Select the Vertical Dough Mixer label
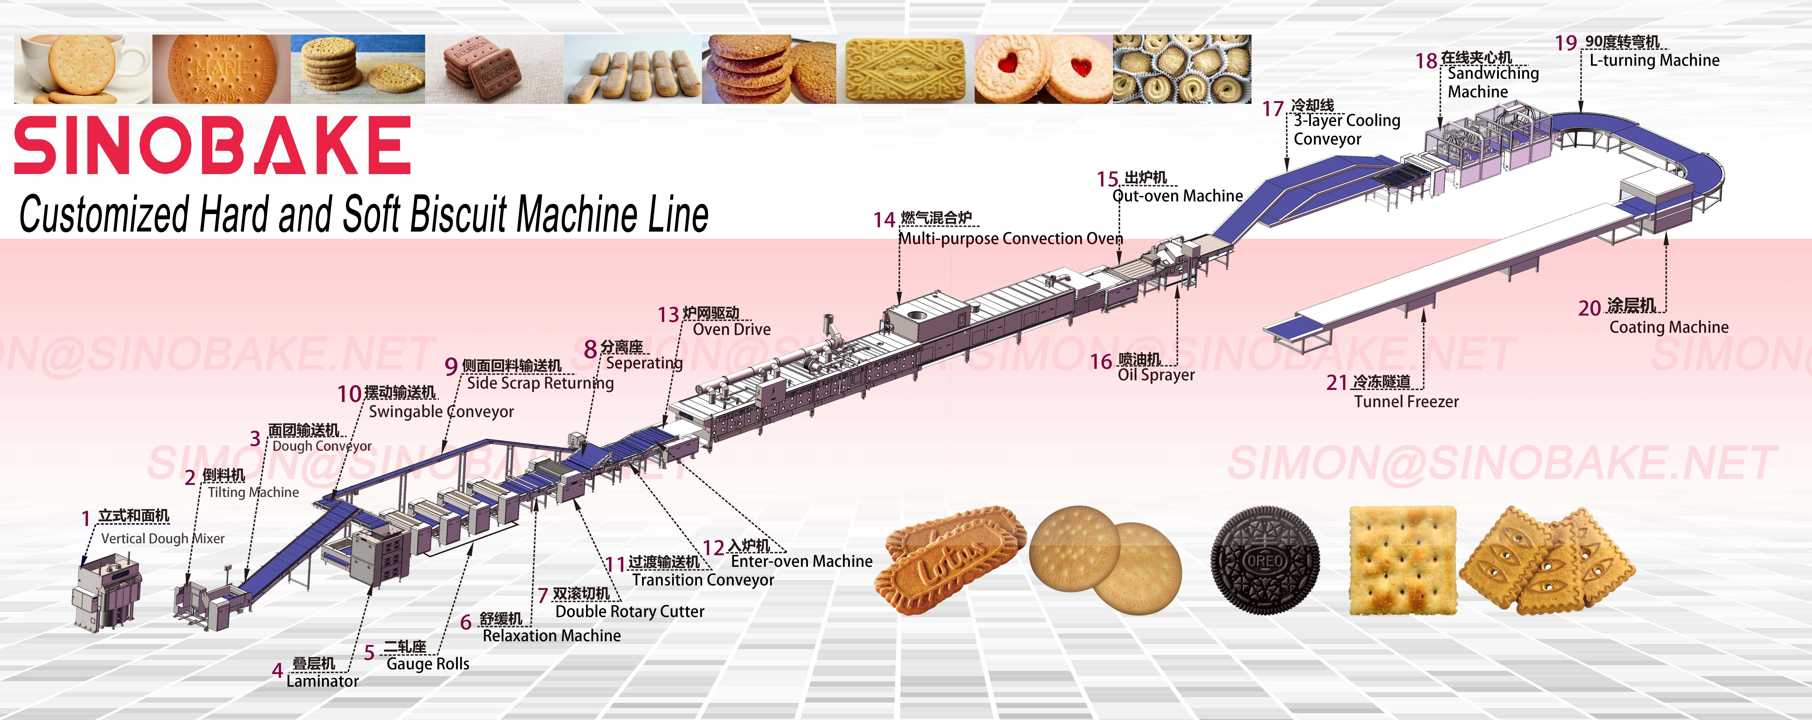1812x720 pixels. click(x=162, y=538)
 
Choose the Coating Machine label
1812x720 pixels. click(x=1668, y=327)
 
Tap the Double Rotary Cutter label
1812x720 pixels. click(x=630, y=612)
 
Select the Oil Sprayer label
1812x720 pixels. click(x=1156, y=375)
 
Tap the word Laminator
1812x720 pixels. click(x=322, y=681)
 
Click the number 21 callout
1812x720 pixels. click(x=1336, y=382)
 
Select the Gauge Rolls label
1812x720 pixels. click(x=428, y=664)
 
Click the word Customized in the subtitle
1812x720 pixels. click(x=104, y=215)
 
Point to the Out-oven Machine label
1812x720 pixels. click(x=1178, y=196)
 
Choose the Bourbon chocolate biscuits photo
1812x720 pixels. click(x=492, y=69)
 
